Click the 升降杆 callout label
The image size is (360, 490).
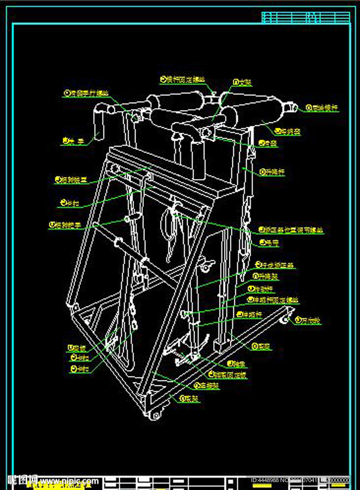point(274,173)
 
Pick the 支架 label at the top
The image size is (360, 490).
point(245,82)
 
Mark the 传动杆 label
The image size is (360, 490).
point(264,289)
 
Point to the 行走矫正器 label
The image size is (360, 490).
point(277,265)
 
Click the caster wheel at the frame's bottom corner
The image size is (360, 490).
point(156,415)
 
